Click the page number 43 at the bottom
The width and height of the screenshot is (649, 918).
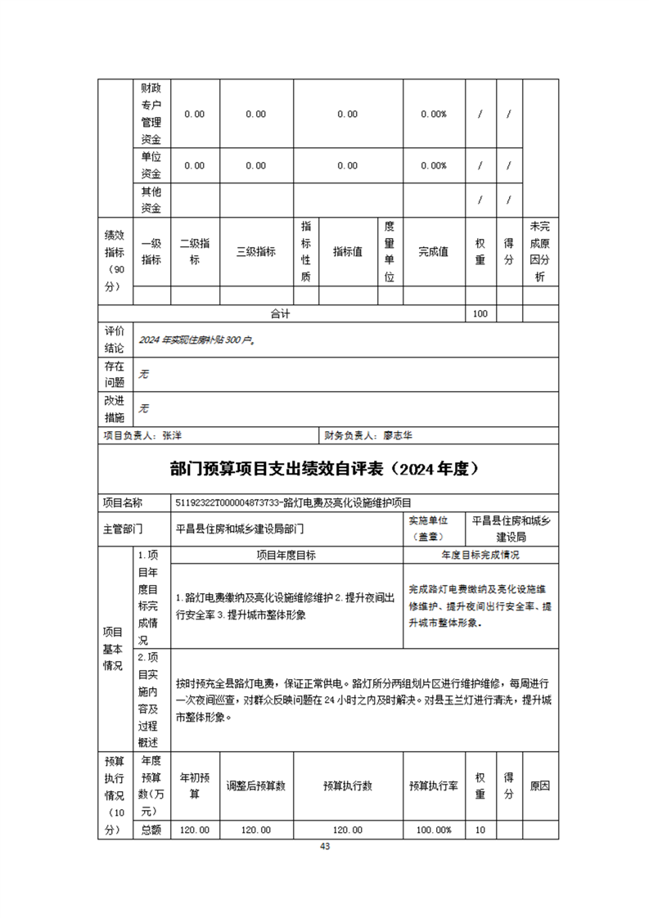325,846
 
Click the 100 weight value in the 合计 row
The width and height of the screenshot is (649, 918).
480,313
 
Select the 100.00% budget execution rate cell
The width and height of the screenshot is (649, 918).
433,830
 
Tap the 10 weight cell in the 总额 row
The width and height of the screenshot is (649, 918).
480,830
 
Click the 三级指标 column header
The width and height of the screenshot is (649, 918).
255,252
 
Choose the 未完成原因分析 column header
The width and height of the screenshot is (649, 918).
539,252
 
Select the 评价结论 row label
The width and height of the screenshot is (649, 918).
114,340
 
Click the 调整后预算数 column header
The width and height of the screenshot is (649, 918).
255,786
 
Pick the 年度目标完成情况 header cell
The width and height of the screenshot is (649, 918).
480,555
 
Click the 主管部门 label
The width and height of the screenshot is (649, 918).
123,528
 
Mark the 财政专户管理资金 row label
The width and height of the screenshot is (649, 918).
151,115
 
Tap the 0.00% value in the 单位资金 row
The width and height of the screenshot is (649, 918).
433,165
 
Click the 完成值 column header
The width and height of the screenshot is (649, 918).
433,252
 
